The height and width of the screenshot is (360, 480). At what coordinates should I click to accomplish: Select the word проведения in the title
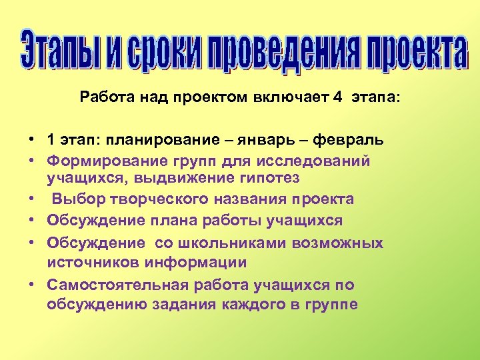pos(289,50)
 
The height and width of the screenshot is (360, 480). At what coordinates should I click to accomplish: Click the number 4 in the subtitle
pos(338,98)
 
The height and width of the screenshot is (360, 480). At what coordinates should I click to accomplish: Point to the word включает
pos(291,98)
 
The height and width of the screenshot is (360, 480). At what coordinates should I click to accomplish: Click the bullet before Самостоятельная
pos(31,285)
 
